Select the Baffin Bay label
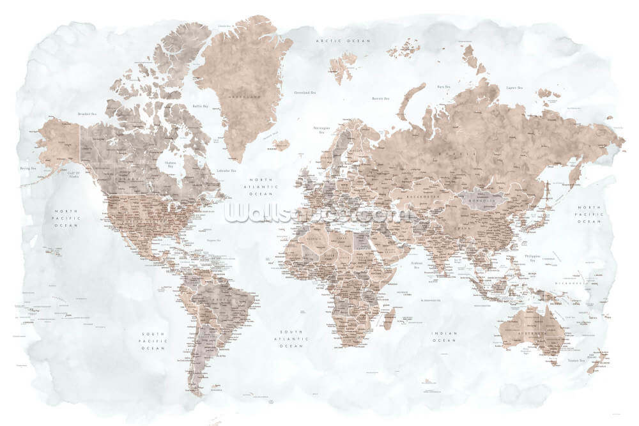(201, 106)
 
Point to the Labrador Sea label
(226, 171)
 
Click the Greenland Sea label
(305, 93)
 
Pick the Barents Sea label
(381, 98)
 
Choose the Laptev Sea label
(515, 87)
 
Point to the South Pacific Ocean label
(153, 340)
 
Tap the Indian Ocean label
(444, 337)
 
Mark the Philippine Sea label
(532, 257)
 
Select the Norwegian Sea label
(321, 130)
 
